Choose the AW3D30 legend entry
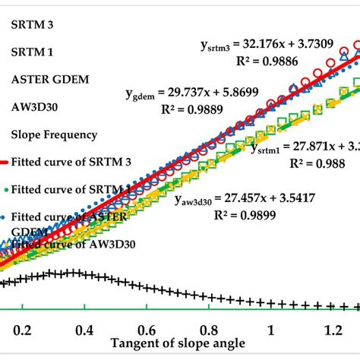pyautogui.click(x=32, y=106)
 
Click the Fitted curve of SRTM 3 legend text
pyautogui.click(x=69, y=163)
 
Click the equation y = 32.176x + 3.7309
pyautogui.click(x=265, y=46)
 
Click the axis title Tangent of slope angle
pyautogui.click(x=179, y=343)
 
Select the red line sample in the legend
pyautogui.click(x=4, y=163)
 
